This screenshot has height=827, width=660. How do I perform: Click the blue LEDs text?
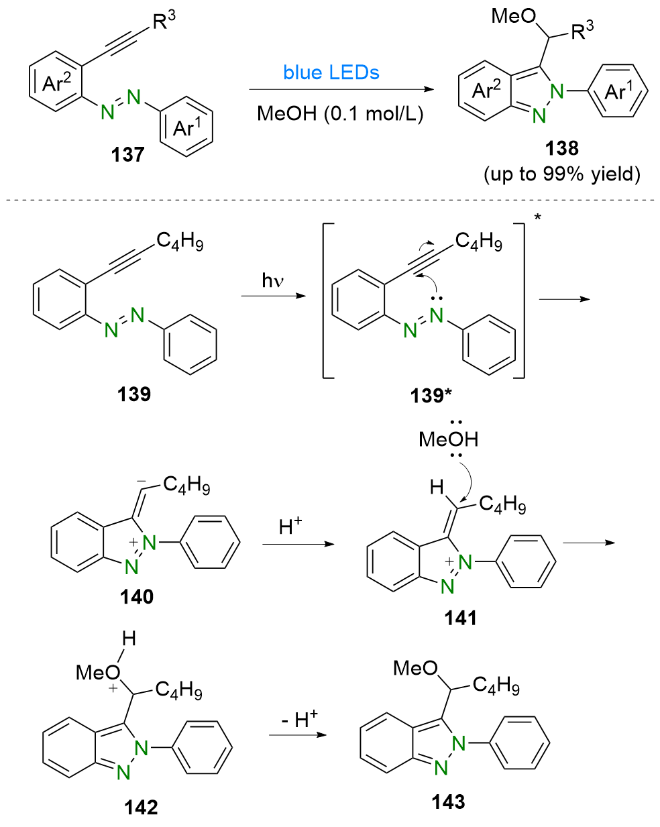coord(331,72)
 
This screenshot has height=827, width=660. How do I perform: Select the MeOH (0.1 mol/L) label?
coord(340,113)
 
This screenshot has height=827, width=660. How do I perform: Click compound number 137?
coord(127,155)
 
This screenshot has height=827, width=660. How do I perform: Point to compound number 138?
coord(562,148)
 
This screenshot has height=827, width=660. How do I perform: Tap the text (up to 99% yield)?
coord(562,174)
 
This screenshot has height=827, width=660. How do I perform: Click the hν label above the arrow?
coord(273,279)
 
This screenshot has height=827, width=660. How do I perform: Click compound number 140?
coord(136,596)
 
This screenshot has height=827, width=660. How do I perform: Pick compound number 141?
coord(460,618)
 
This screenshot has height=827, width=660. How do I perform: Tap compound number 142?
coord(141,807)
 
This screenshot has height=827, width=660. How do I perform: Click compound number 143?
coord(448,802)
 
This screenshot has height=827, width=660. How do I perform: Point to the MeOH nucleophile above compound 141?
coord(448,439)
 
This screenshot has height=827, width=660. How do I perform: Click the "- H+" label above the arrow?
coord(299,720)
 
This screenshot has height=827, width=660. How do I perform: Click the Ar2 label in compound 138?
coord(486,89)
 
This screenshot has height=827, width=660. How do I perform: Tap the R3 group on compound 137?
coord(164,21)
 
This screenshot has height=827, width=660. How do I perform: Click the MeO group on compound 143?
coord(415,668)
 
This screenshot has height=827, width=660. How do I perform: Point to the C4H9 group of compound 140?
coord(186,485)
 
